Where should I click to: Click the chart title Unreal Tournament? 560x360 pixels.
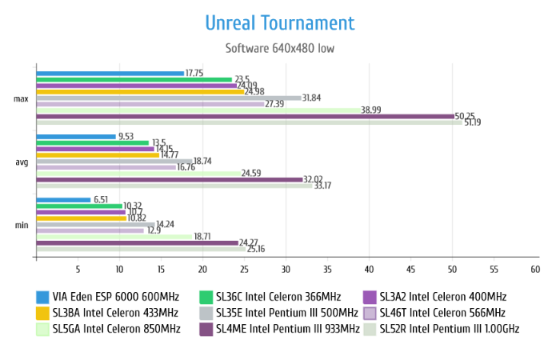(279, 22)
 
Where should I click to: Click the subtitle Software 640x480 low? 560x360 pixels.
(279, 48)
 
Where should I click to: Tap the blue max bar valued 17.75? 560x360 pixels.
(110, 73)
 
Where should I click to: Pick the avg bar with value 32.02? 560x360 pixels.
(169, 179)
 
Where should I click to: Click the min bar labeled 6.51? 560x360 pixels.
(63, 200)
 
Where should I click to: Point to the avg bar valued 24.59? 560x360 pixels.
(138, 173)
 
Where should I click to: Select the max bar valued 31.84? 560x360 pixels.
(168, 98)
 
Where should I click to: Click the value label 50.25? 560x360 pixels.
(465, 116)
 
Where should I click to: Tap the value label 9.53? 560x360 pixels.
(126, 137)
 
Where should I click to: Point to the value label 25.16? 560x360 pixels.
(256, 250)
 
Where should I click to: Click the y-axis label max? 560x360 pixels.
(22, 98)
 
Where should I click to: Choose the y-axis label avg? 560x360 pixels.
(22, 162)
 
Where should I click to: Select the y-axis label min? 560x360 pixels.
(22, 225)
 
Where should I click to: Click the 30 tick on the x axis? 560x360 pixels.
(286, 270)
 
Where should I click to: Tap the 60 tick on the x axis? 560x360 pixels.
(535, 270)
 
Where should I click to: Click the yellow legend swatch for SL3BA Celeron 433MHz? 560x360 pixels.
(43, 312)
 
